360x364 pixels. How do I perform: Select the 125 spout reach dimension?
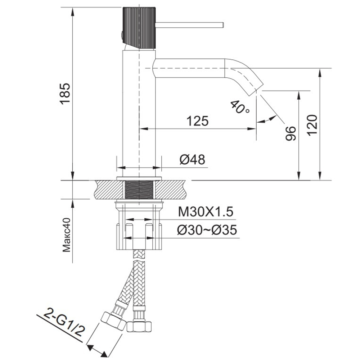(x=197, y=121)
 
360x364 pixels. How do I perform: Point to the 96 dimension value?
(x=290, y=133)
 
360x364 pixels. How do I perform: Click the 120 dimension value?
(x=312, y=125)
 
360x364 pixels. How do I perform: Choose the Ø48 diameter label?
(x=192, y=159)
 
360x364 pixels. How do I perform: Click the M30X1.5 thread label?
(x=204, y=212)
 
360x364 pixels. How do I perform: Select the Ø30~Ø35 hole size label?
(x=207, y=230)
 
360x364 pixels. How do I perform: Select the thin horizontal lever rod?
(x=189, y=25)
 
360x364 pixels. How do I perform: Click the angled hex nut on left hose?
(x=113, y=321)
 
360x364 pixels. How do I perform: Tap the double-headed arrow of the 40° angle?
(x=266, y=120)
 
